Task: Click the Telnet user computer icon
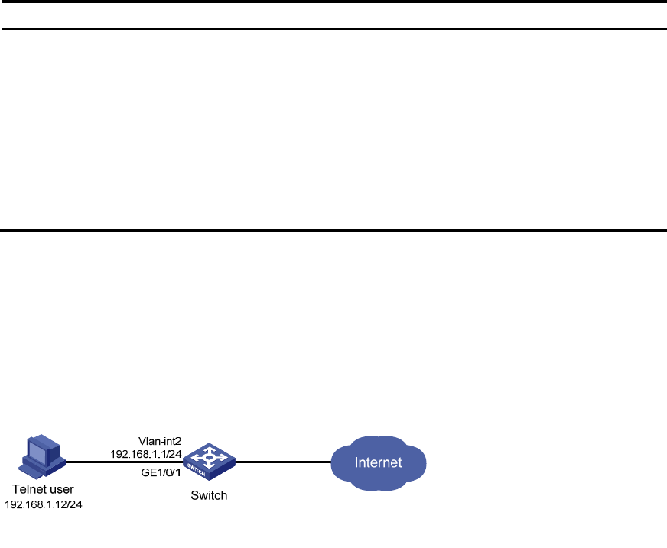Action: (41, 457)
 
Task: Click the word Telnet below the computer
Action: (28, 489)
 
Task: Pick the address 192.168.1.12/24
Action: (44, 504)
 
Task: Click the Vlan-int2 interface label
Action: (160, 441)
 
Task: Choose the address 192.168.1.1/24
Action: (146, 454)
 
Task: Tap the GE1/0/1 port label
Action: (161, 472)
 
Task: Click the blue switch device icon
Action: (209, 462)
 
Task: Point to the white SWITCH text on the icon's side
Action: (196, 470)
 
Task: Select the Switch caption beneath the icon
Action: (209, 495)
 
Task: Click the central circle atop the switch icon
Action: (209, 458)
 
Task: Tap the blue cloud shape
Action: (379, 463)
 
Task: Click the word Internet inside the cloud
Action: (378, 462)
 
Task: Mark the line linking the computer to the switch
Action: (124, 462)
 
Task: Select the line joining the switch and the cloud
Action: (283, 462)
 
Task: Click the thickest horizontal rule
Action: (333, 230)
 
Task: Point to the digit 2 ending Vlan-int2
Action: (179, 441)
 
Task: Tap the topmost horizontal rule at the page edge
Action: (333, 2)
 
